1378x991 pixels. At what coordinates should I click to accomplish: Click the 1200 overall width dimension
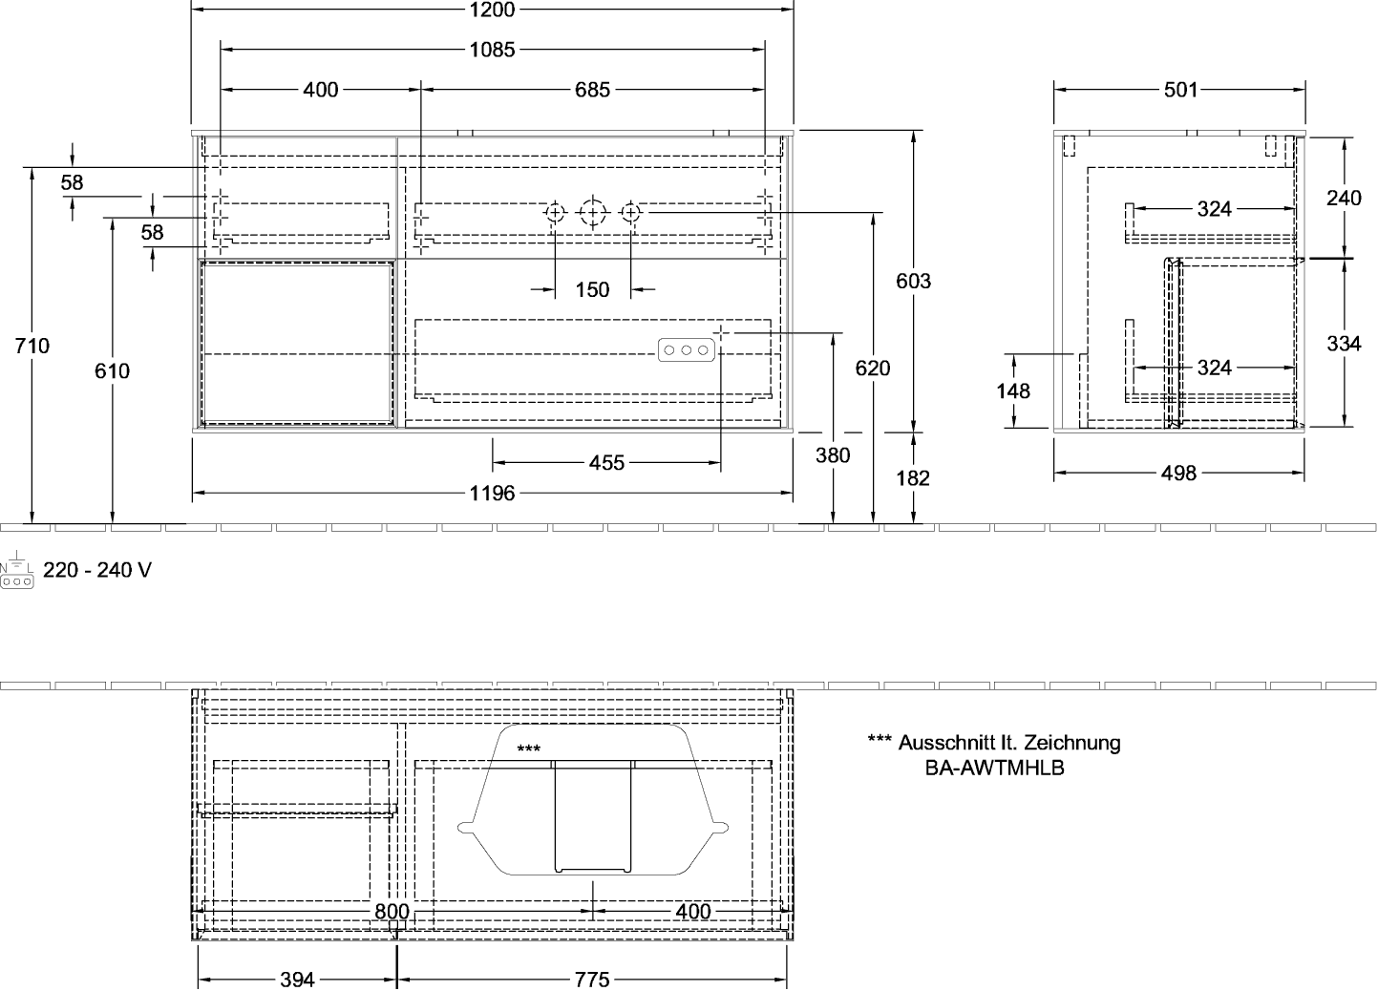[493, 10]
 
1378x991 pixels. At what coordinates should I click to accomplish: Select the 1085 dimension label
[493, 50]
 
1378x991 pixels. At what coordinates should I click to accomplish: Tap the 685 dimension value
[592, 90]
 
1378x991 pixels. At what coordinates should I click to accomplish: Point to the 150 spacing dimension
[593, 289]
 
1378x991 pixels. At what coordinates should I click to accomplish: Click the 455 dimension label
[606, 463]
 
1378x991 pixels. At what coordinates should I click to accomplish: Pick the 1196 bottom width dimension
[493, 494]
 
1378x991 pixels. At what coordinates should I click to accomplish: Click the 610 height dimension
[113, 370]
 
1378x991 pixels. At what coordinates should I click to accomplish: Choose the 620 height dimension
[874, 368]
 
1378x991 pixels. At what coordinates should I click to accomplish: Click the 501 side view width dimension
[1180, 90]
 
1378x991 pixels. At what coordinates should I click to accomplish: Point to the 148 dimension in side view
[1013, 390]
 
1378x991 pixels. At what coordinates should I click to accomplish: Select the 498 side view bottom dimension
[1180, 474]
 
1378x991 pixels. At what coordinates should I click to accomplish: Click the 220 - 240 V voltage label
[96, 570]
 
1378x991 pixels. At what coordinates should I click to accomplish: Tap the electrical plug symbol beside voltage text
[17, 571]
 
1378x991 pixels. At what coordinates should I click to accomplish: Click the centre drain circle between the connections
[593, 211]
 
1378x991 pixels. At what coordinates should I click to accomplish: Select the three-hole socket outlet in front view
[686, 351]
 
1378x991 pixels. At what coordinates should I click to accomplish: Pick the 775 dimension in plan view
[593, 980]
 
